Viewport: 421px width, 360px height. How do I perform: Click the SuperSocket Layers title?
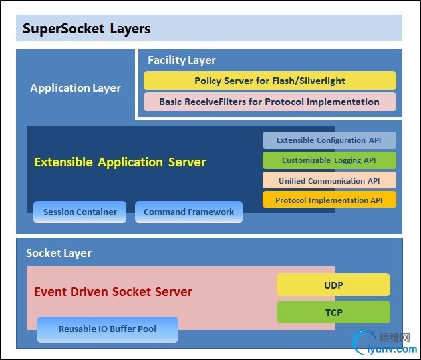(86, 29)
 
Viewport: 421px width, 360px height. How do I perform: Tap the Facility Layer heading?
(182, 60)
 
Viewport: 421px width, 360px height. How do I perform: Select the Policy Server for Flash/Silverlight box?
(269, 81)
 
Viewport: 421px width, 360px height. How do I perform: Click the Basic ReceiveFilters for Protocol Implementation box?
(269, 102)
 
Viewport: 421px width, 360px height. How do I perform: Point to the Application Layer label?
(75, 88)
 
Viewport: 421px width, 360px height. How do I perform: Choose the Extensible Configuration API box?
(329, 140)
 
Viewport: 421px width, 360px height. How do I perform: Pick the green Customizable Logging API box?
(329, 160)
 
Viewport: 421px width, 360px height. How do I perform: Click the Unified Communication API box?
(329, 180)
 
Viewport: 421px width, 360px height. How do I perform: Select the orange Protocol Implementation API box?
(329, 200)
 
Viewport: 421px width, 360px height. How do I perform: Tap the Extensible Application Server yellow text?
(120, 162)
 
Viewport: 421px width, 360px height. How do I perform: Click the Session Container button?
(80, 212)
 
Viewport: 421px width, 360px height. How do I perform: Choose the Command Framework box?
(189, 212)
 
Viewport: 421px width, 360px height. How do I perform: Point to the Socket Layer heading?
(59, 253)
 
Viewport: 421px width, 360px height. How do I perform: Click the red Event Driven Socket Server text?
(113, 292)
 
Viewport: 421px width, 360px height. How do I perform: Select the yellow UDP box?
(333, 285)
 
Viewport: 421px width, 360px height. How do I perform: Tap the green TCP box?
(333, 311)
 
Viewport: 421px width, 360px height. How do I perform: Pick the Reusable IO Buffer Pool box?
(107, 329)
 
